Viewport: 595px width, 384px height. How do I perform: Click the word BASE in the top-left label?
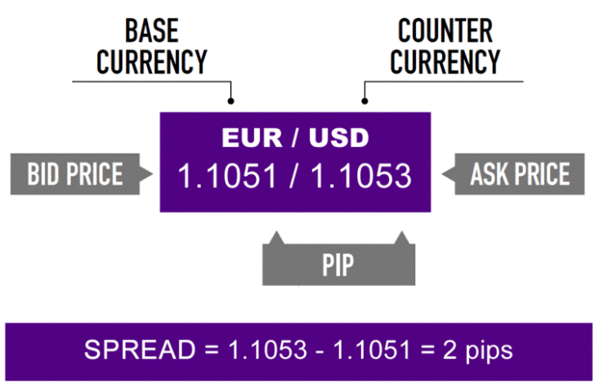point(152,30)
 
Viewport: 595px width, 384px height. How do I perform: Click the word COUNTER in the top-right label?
point(445,30)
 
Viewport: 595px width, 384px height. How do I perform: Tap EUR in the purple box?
point(252,137)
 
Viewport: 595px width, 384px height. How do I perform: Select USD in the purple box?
point(338,137)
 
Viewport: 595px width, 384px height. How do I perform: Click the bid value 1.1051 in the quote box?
point(227,176)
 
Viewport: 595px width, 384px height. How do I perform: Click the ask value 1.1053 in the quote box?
point(361,176)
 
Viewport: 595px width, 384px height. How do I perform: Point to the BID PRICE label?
point(75,174)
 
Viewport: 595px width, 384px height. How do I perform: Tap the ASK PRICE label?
point(520,174)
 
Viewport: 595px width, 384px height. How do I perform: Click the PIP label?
point(338,265)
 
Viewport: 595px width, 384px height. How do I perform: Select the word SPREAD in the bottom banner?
point(140,350)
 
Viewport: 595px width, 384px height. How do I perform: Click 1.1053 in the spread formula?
point(267,350)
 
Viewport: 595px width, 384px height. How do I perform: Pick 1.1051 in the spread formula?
point(372,350)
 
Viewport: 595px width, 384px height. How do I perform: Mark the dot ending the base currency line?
point(230,101)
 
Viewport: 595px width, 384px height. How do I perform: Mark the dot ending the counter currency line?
point(365,101)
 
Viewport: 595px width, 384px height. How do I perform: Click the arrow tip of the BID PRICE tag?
point(153,174)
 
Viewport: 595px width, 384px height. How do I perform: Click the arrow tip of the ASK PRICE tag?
point(442,174)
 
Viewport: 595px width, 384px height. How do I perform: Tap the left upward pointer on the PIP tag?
point(276,231)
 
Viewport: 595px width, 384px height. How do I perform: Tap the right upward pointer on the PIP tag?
point(402,231)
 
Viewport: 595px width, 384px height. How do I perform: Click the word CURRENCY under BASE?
point(152,61)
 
